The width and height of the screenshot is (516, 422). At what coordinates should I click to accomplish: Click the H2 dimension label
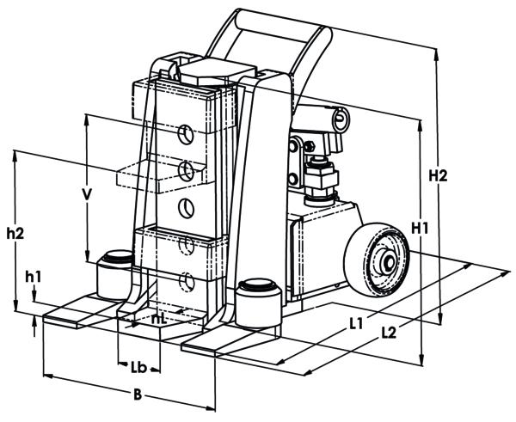438,176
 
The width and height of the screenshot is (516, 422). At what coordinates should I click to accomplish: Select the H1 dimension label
420,228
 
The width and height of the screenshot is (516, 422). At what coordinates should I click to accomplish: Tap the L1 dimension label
356,324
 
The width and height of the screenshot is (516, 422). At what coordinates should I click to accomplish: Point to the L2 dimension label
389,333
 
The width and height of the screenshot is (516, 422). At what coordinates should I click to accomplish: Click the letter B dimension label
138,394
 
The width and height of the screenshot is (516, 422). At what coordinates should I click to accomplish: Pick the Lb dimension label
138,368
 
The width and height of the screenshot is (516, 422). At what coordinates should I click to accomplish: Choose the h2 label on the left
15,233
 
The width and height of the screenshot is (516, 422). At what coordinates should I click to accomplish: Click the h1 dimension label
34,278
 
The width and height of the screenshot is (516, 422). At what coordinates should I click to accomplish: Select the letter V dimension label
87,194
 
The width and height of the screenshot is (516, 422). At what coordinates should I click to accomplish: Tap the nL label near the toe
159,319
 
